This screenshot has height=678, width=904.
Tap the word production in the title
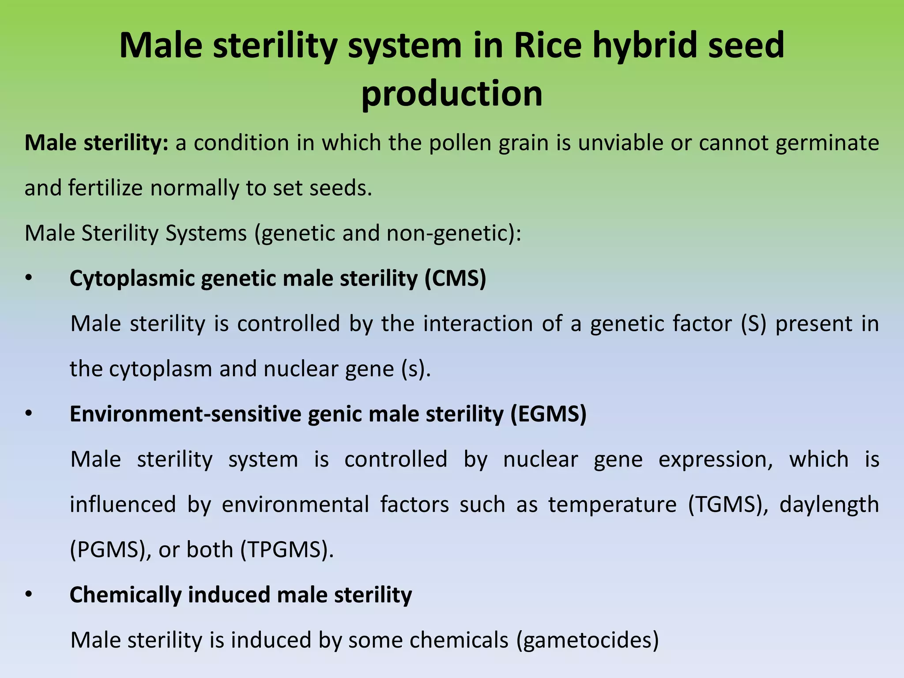pos(452,94)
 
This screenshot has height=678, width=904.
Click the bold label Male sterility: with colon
pos(96,143)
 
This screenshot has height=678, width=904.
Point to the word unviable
pos(620,143)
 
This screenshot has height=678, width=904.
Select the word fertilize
pos(105,188)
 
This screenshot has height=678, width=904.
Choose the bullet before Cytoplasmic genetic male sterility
pos(29,279)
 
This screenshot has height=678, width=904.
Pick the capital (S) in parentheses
pos(753,324)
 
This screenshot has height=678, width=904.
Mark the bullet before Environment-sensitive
pos(29,414)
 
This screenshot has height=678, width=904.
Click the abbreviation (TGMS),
pos(728,505)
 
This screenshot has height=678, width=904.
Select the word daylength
pos(829,505)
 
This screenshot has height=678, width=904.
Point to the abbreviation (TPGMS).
pos(287,550)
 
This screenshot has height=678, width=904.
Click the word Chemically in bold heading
pos(125,595)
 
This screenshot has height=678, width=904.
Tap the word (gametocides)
pos(587,640)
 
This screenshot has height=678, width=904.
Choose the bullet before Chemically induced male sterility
pos(29,595)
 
